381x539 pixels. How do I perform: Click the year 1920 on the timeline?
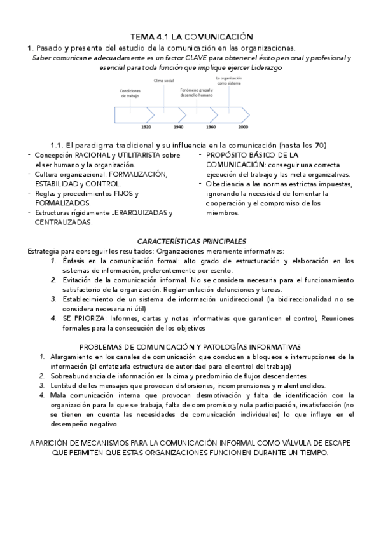click(146, 127)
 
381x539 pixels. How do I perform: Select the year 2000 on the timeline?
click(243, 127)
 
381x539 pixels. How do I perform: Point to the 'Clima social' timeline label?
click(163, 81)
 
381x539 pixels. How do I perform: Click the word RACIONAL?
click(93, 154)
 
